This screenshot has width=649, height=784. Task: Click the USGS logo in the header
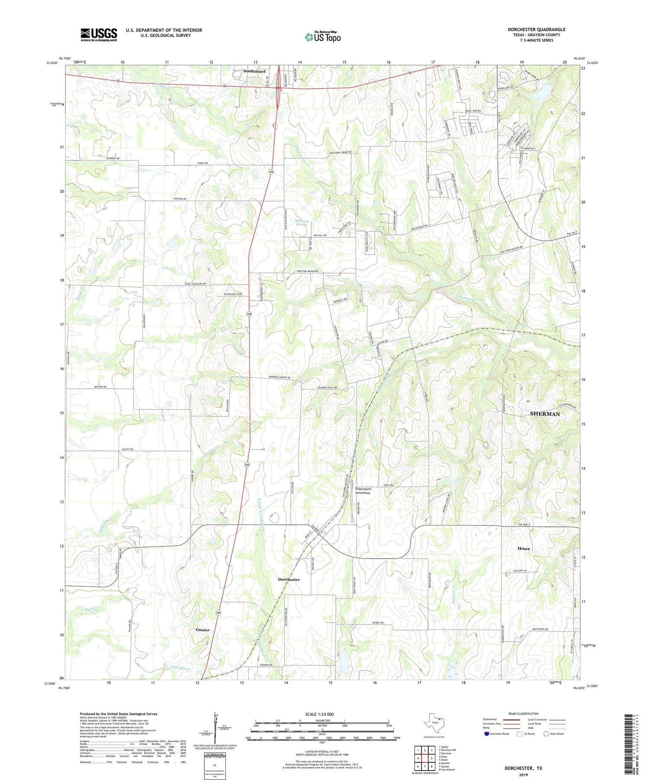[99, 35]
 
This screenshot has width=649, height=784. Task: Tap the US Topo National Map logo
[323, 37]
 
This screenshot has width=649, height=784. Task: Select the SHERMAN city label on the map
[545, 414]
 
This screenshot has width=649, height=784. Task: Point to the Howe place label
[524, 548]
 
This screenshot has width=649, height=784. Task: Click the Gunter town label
[202, 630]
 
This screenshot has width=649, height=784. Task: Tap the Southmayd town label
[254, 71]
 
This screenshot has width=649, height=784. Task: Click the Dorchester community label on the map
[289, 579]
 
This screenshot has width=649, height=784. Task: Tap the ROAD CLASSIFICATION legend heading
[524, 714]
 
